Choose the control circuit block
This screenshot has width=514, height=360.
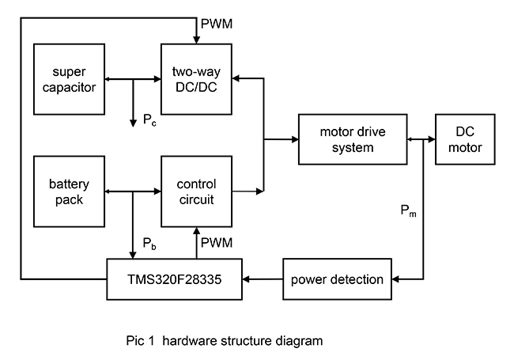197,191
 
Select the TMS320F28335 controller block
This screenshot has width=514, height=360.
174,279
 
